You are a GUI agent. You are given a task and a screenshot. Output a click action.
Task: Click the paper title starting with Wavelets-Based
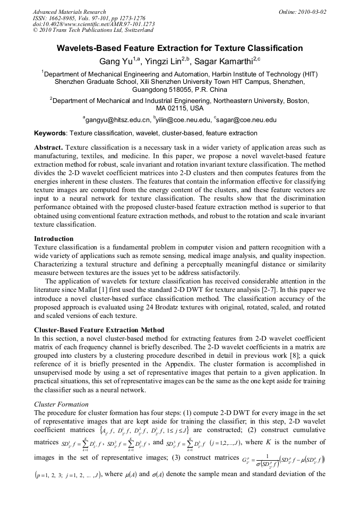[x=179, y=48]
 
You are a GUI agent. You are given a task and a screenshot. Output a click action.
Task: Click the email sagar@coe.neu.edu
[x=247, y=120]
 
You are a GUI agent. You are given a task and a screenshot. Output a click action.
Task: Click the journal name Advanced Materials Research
[x=69, y=12]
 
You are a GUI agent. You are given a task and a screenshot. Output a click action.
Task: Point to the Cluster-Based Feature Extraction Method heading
[x=99, y=330]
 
